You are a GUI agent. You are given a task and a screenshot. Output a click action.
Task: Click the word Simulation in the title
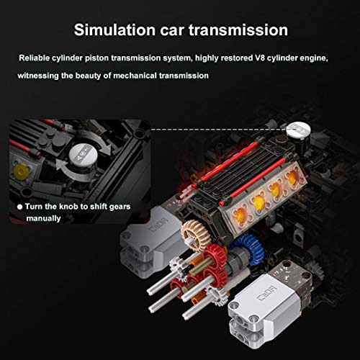[x=114, y=30]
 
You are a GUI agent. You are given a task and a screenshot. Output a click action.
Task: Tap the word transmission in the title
[x=238, y=30]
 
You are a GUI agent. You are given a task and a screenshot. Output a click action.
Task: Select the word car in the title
[x=172, y=31]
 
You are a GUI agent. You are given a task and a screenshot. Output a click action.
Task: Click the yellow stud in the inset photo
[x=21, y=172]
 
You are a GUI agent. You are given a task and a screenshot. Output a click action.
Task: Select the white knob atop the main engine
[x=298, y=130]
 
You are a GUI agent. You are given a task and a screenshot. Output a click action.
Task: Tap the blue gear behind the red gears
[x=250, y=248]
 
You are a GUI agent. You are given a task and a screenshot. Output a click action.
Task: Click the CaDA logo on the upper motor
[x=158, y=225]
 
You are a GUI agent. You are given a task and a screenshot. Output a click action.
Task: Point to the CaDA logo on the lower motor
[x=266, y=293]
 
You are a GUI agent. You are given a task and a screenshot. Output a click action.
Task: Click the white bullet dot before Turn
[x=20, y=207]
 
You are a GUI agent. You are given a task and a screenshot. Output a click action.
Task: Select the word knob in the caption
[x=69, y=207]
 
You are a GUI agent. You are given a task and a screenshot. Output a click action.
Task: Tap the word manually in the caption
[x=43, y=219]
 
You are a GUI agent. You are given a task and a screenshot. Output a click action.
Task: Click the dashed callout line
[x=219, y=130]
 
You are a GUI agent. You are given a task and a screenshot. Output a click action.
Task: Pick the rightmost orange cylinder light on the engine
[x=292, y=178]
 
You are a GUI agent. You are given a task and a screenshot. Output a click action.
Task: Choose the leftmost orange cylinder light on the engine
[x=240, y=215]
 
